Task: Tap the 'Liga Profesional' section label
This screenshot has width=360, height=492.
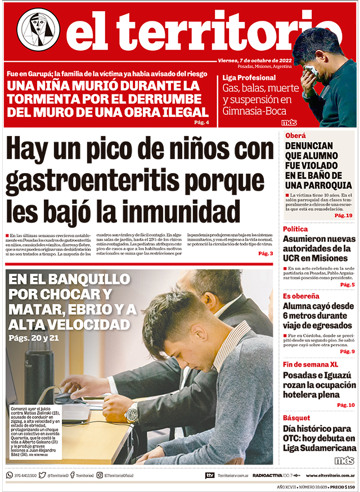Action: tap(249, 78)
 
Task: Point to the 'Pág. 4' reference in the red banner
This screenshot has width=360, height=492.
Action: tap(201, 123)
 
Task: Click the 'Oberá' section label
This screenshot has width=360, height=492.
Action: tap(295, 136)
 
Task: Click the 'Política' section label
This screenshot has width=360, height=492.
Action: tap(295, 229)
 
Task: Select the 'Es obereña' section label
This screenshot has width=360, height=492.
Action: tap(301, 296)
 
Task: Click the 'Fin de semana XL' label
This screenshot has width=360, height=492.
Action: tap(310, 364)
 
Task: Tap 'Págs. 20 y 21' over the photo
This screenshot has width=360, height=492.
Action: tap(34, 338)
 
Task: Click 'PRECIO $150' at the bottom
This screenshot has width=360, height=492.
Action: tap(342, 486)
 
